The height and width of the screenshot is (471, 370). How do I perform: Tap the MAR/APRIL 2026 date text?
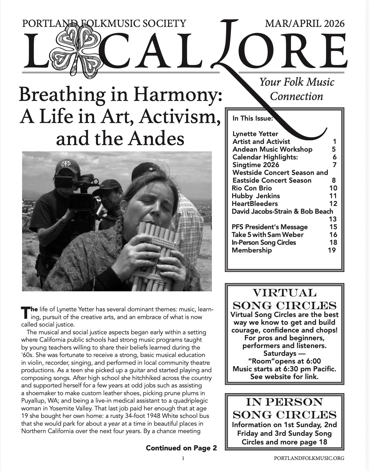coord(305,23)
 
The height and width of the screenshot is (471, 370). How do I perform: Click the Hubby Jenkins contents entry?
coord(256,196)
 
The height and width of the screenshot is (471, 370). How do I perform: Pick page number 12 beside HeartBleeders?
coord(333,204)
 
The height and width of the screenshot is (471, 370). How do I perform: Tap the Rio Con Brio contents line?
coord(252,188)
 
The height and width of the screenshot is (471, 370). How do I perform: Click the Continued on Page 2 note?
coord(181,448)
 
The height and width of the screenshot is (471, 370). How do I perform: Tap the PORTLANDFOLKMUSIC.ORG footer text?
coord(309,458)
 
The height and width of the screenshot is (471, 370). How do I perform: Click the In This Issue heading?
coord(253,118)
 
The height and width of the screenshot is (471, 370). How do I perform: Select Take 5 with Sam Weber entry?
coord(267,235)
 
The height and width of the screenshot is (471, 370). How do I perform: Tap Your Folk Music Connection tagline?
coord(297,89)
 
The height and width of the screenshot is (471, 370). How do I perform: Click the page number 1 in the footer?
coord(183,458)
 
